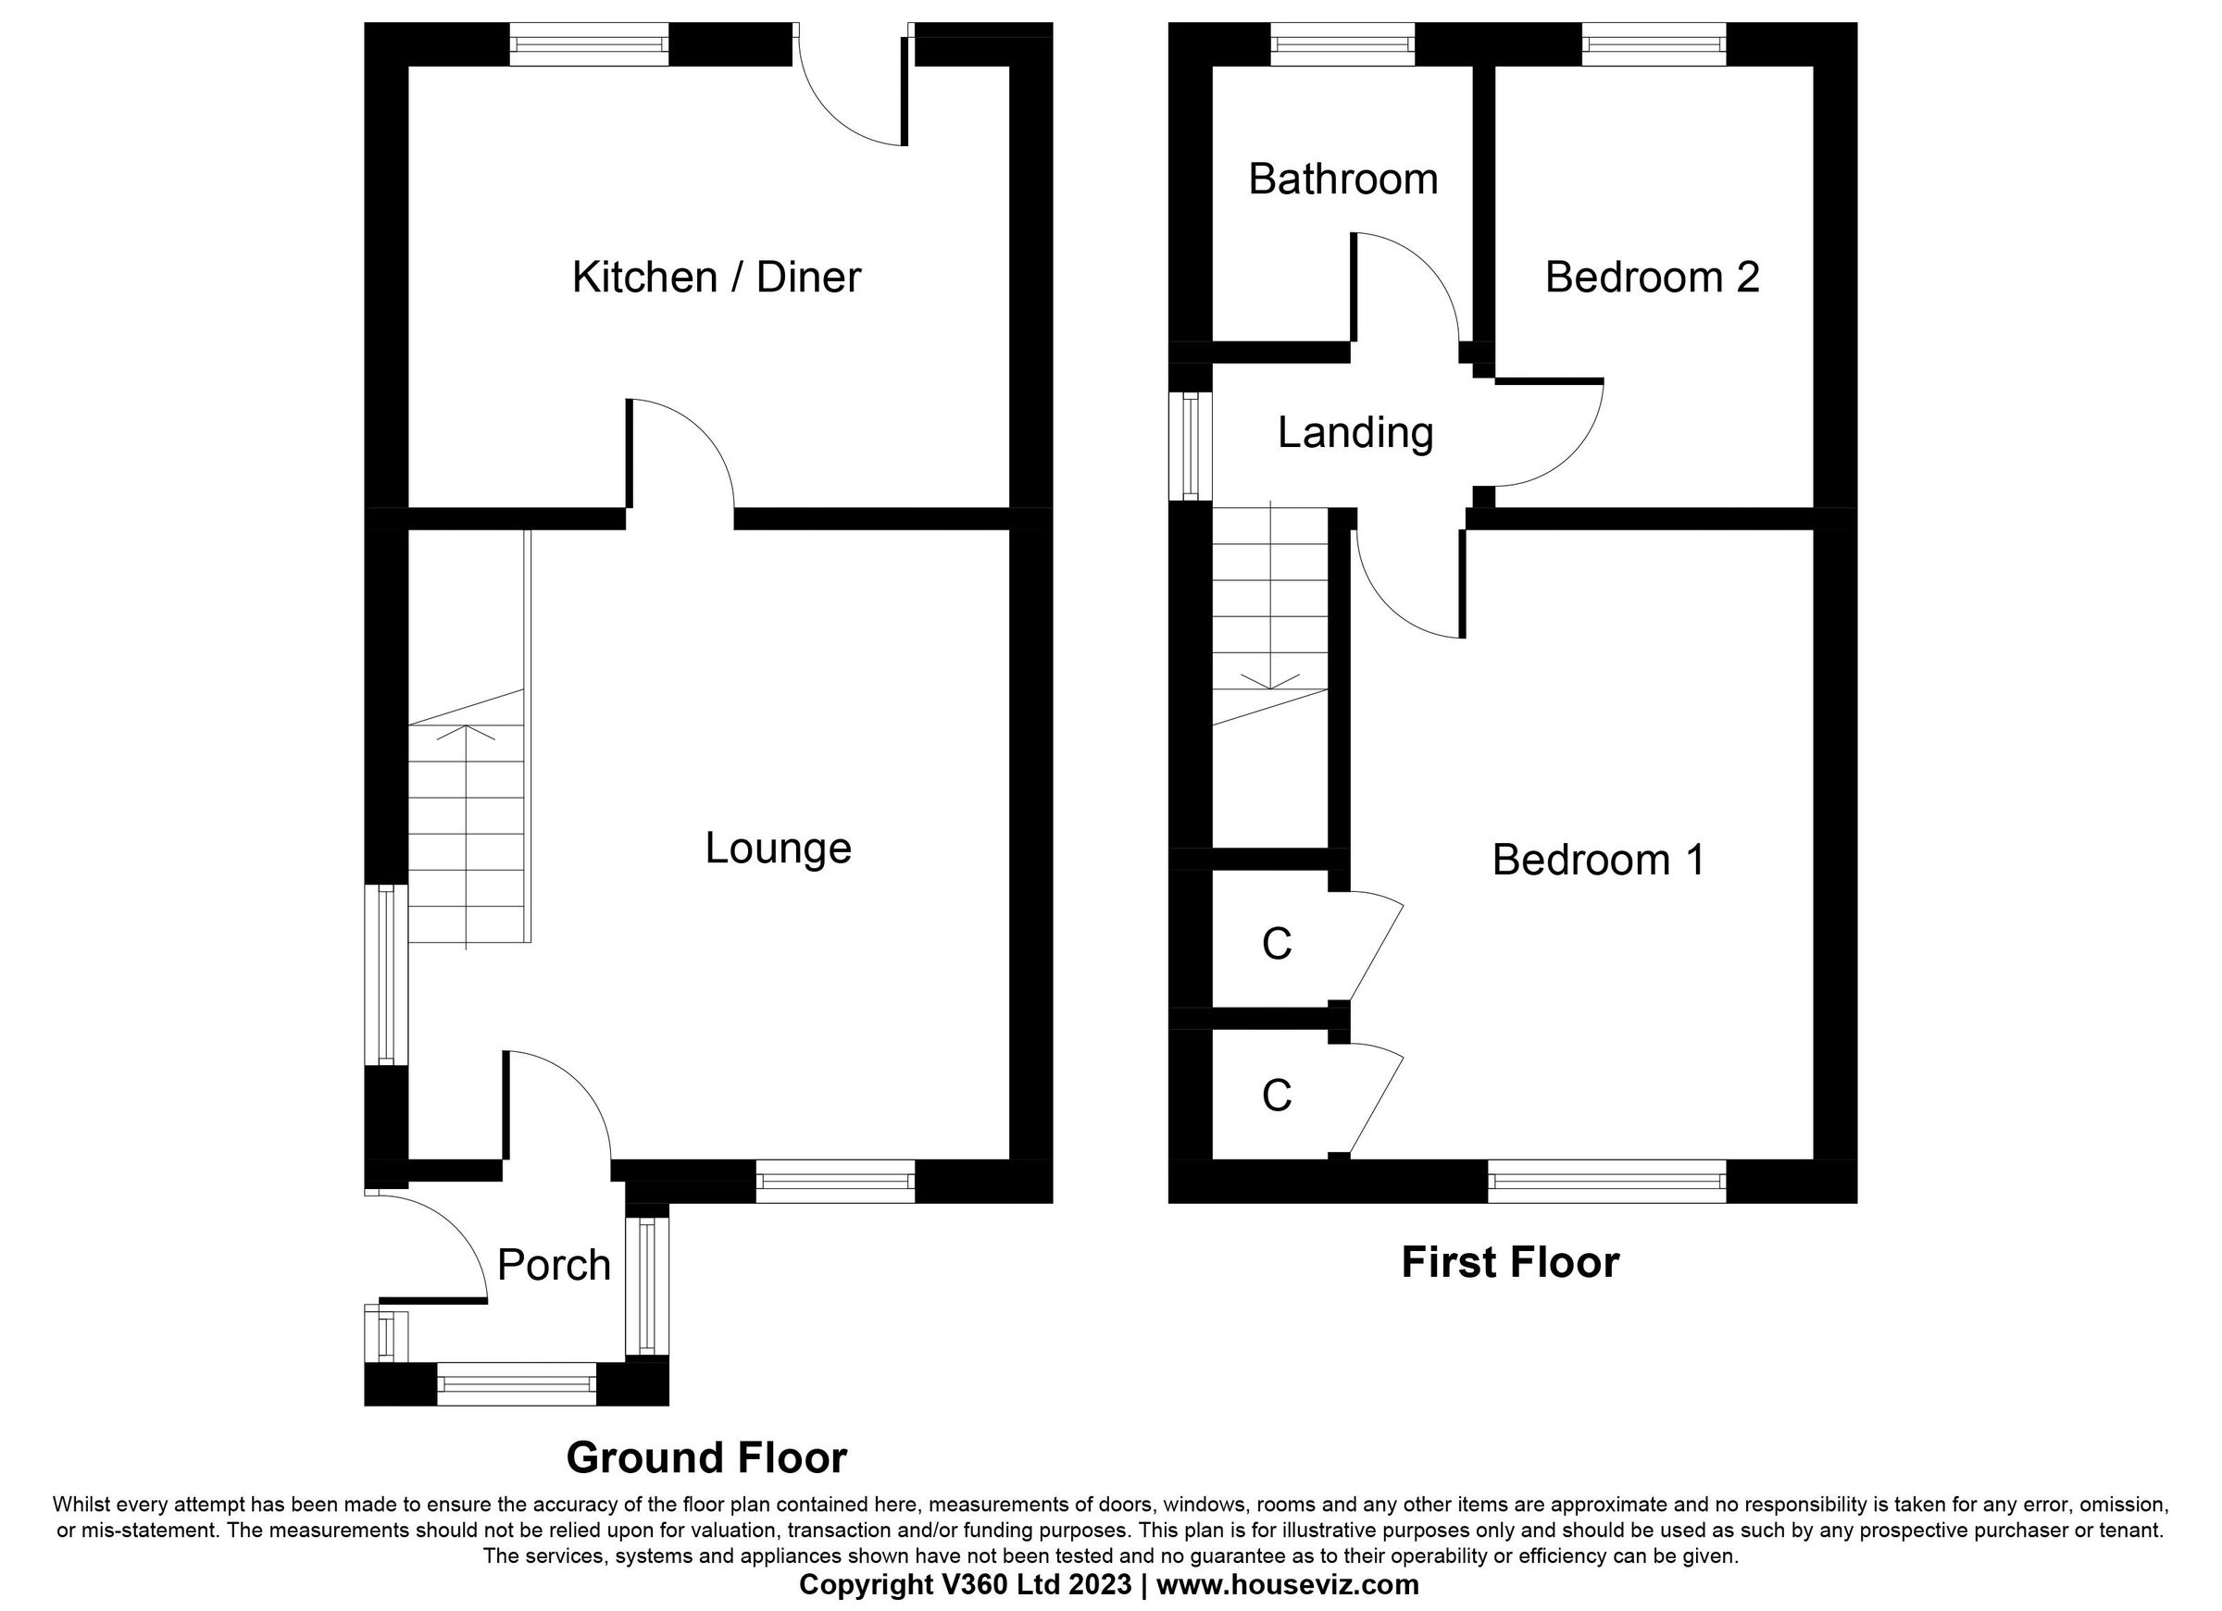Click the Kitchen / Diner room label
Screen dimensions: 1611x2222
tap(717, 278)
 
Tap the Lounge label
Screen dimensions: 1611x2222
tap(778, 849)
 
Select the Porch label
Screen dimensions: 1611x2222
tap(554, 1265)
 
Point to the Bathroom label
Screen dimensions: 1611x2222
tap(1342, 180)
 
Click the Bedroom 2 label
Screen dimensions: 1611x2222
tap(1652, 278)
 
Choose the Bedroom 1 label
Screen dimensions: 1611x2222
tap(1598, 860)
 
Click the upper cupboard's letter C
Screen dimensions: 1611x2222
tap(1277, 944)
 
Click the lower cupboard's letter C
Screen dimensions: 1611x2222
tap(1277, 1096)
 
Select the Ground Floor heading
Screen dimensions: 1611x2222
tap(706, 1458)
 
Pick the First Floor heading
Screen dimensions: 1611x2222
tap(1510, 1262)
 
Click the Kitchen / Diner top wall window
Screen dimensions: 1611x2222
tap(589, 44)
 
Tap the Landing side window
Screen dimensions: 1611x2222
tap(1191, 446)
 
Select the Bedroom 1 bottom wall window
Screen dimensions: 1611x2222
tap(1606, 1181)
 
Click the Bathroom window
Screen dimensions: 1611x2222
tap(1342, 44)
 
